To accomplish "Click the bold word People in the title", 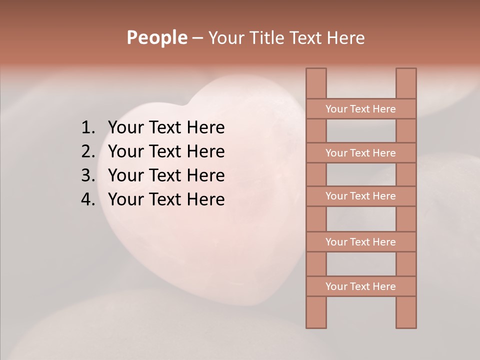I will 156,37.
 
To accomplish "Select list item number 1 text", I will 166,128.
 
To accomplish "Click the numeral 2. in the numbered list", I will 87,151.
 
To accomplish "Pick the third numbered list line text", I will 166,175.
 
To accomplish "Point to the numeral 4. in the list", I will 87,199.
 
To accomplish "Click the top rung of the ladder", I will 360,109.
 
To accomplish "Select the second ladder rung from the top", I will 360,153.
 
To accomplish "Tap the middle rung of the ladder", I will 360,196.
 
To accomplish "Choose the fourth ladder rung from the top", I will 360,242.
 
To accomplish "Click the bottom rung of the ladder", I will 360,286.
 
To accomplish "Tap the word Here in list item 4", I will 205,199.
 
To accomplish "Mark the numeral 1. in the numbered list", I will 87,128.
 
